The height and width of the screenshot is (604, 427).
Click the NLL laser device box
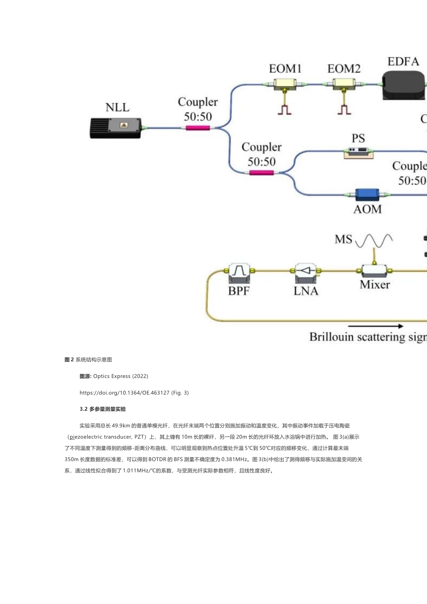pyautogui.click(x=116, y=128)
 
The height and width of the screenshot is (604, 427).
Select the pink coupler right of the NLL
pyautogui.click(x=198, y=128)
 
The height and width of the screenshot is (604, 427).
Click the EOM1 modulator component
pyautogui.click(x=285, y=84)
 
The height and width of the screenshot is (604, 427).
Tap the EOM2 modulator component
pyautogui.click(x=343, y=84)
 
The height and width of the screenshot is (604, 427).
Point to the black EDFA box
pyautogui.click(x=404, y=85)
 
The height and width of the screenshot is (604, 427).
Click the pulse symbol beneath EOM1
pyautogui.click(x=285, y=109)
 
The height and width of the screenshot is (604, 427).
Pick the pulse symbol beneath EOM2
pyautogui.click(x=344, y=109)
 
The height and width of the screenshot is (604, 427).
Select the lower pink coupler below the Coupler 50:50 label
pyautogui.click(x=262, y=173)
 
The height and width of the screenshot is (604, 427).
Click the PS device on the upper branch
pyautogui.click(x=358, y=152)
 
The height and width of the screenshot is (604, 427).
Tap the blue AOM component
pyautogui.click(x=367, y=195)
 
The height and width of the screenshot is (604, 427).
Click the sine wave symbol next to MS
pyautogui.click(x=374, y=241)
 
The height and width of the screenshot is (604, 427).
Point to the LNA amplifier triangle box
pyautogui.click(x=306, y=271)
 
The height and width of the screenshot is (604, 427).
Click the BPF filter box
pyautogui.click(x=239, y=271)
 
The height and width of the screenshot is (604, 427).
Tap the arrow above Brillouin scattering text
pyautogui.click(x=376, y=326)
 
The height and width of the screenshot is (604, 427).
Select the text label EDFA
pyautogui.click(x=403, y=62)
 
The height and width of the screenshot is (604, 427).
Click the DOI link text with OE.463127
pyautogui.click(x=134, y=393)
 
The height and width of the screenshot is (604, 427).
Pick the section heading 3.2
pyautogui.click(x=102, y=409)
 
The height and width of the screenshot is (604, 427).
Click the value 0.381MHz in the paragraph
pyautogui.click(x=234, y=459)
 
